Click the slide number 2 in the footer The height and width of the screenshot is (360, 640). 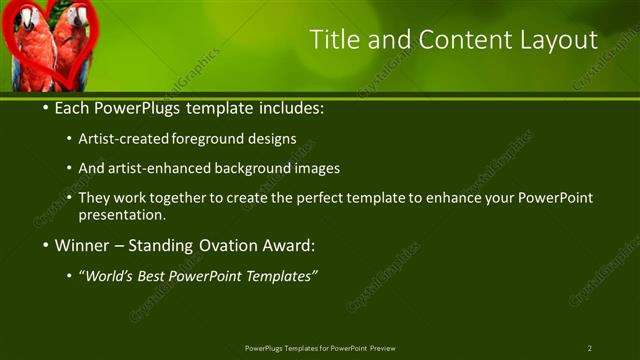pos(590,348)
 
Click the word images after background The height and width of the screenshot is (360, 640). pos(318,168)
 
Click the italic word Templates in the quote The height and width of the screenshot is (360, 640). pos(281,276)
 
